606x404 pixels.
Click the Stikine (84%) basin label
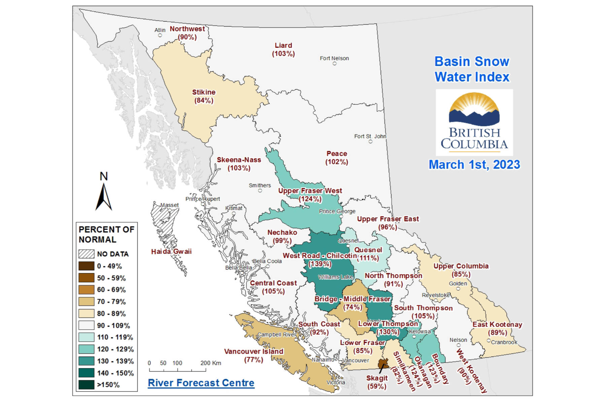(x=204, y=96)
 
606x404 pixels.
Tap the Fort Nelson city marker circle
(x=334, y=63)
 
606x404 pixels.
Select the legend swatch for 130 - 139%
(x=86, y=361)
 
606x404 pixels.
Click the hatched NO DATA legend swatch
(x=86, y=254)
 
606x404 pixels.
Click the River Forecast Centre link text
(x=201, y=383)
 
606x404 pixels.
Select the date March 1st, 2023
(x=474, y=165)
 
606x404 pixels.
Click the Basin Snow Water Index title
(x=472, y=69)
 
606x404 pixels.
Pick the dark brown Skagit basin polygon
(x=383, y=363)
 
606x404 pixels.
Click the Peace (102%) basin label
(x=337, y=158)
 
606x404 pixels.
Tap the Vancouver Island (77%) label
(x=254, y=356)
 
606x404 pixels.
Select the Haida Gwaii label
(x=171, y=251)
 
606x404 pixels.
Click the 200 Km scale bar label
(x=211, y=363)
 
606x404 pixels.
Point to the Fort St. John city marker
(x=370, y=141)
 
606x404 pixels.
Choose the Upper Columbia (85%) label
(x=461, y=270)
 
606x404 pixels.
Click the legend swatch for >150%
(x=86, y=384)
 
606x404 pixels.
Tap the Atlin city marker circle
(x=160, y=35)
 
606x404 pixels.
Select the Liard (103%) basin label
(x=283, y=49)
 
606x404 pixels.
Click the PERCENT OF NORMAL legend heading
(x=106, y=234)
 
